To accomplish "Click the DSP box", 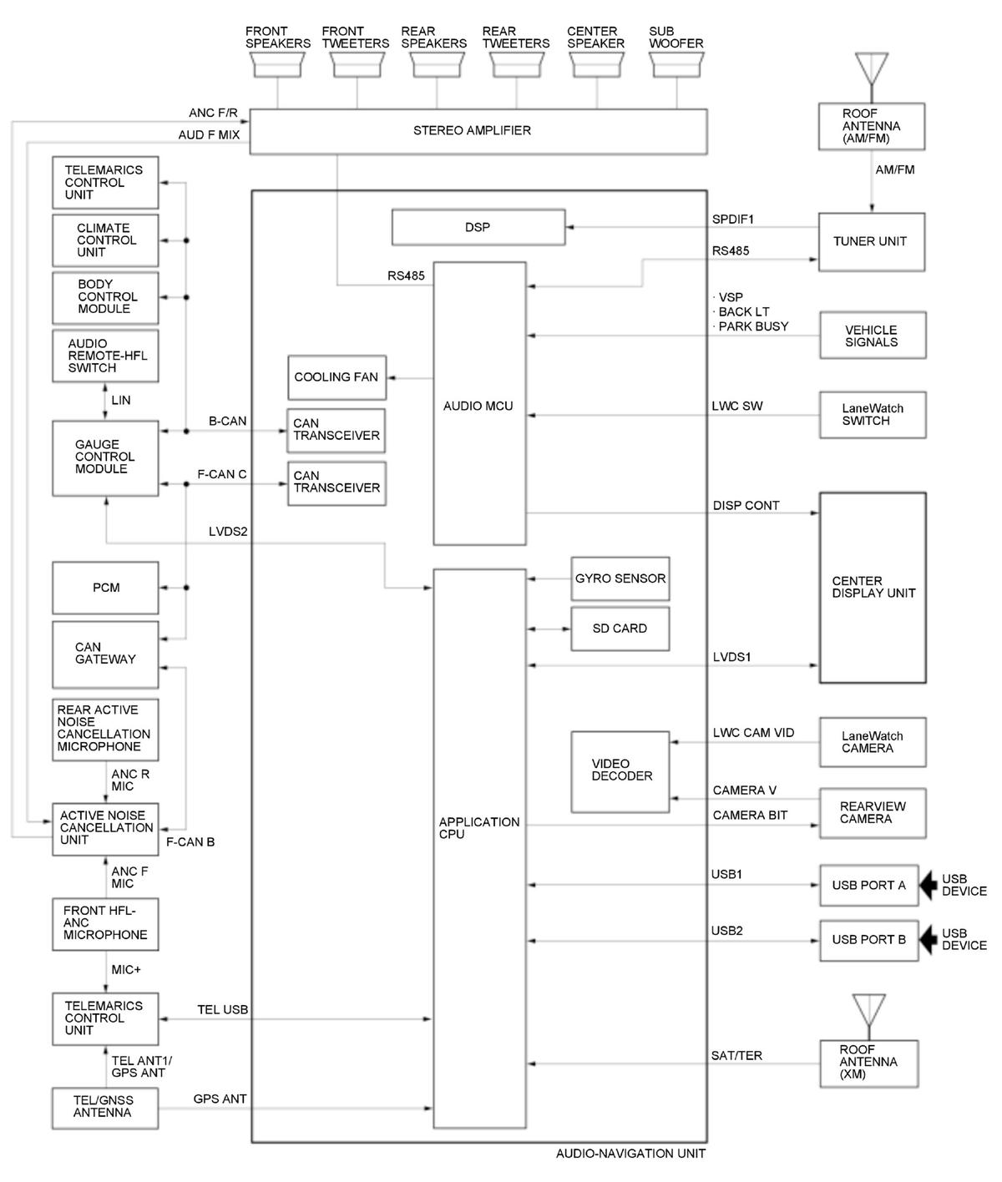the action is [x=478, y=227].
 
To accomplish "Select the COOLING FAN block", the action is [x=337, y=377].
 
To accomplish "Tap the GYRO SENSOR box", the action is [x=620, y=578].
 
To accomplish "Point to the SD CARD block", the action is [x=620, y=629].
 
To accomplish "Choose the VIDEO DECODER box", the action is [x=620, y=771].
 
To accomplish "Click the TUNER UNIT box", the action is [x=871, y=242].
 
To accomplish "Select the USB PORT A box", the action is [x=868, y=885].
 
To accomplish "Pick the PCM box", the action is [x=105, y=588].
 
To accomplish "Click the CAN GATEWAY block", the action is [x=105, y=654].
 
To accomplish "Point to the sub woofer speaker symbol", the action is [x=676, y=64].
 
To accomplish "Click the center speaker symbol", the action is [x=596, y=64].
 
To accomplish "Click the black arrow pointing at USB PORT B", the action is [x=928, y=940].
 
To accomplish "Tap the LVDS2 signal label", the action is [x=228, y=532].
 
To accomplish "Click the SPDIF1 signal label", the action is [x=732, y=220].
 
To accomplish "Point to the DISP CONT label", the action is [x=746, y=506].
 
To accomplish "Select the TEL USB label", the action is [x=222, y=1010].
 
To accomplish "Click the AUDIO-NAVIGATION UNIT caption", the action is [x=630, y=1154].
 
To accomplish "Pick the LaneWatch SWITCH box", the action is [x=873, y=415].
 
